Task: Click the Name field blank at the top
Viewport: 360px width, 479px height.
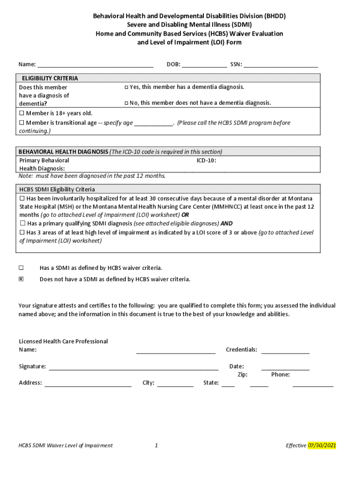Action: click(95, 65)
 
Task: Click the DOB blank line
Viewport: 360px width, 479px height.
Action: click(204, 65)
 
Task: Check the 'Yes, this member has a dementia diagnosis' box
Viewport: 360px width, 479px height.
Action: click(126, 87)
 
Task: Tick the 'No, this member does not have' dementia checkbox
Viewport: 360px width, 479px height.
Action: click(126, 103)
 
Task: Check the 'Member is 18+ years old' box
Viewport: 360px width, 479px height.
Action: click(22, 114)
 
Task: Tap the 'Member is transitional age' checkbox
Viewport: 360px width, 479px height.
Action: click(22, 123)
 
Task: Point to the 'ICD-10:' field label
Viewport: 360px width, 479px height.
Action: click(206, 160)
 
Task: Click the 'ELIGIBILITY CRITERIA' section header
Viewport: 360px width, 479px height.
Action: click(47, 78)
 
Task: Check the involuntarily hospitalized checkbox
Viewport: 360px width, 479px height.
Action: click(22, 198)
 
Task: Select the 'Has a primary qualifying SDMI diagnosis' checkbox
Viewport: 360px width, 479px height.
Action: click(22, 224)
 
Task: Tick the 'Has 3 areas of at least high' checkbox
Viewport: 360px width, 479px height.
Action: click(22, 232)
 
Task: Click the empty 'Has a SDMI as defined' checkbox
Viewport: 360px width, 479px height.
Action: click(21, 268)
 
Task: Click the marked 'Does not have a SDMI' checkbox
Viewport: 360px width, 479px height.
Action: click(21, 279)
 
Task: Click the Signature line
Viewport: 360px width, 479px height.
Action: click(133, 368)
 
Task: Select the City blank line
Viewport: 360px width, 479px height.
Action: click(175, 384)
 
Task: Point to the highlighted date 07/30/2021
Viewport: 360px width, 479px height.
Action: click(322, 445)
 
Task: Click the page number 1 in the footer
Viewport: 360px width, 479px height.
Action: click(156, 446)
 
